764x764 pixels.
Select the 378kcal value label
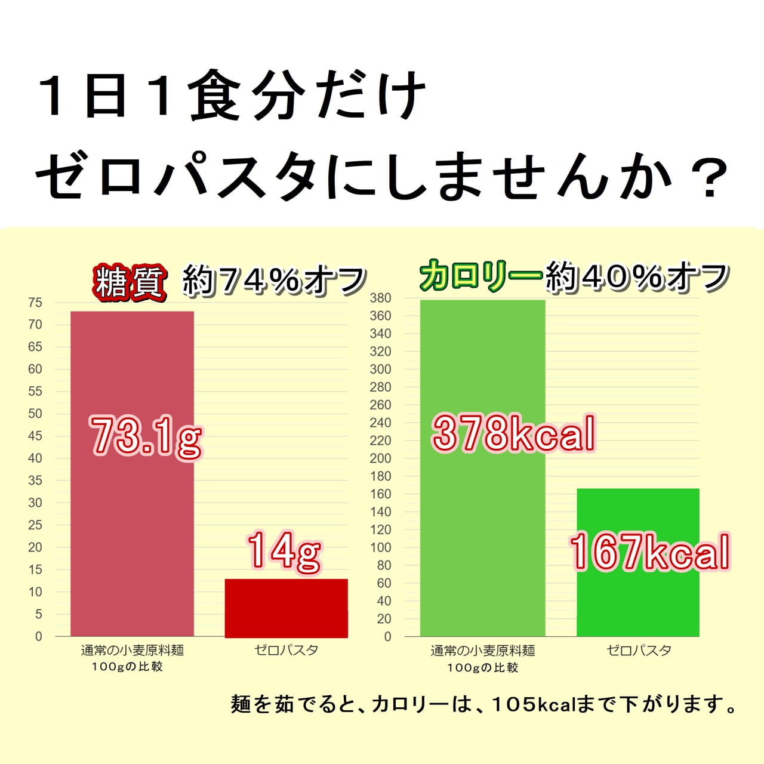(x=513, y=433)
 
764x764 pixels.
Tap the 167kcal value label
(x=649, y=552)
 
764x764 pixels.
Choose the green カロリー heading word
(x=480, y=276)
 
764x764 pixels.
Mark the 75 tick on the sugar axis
(x=35, y=303)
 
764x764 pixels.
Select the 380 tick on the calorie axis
(x=380, y=298)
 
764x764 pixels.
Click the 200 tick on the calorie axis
(x=380, y=458)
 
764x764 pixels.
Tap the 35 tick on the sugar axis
(x=35, y=480)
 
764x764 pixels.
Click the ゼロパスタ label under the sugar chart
(x=286, y=650)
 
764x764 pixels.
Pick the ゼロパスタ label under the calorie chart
(x=639, y=651)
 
